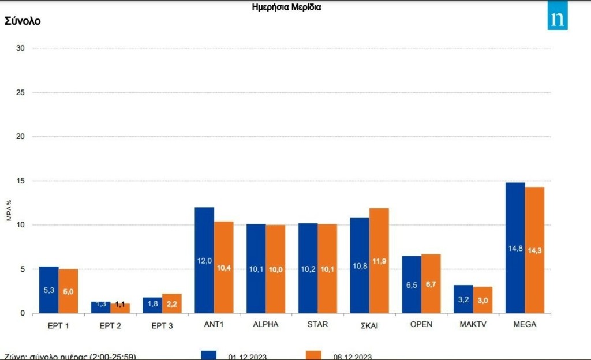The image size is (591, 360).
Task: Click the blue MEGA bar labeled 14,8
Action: coord(515,248)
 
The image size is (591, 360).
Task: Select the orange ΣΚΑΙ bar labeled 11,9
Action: coord(379,261)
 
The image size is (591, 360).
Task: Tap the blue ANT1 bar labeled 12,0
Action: coord(204,260)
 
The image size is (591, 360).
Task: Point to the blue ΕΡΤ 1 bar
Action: coord(49,290)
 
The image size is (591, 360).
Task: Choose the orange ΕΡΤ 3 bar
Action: coord(172,303)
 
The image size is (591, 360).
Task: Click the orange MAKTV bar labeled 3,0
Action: coord(483,300)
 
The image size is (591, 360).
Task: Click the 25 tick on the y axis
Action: coord(20,92)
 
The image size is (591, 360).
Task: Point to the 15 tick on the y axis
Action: coord(20,181)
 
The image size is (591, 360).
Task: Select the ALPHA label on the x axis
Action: coord(265,324)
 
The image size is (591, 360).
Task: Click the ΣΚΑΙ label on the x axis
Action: coord(370,325)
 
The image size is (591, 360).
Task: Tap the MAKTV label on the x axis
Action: coord(474,324)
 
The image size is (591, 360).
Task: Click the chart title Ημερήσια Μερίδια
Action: coord(287,7)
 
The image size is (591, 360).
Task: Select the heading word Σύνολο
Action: coord(23,21)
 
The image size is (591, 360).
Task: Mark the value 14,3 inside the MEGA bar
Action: coord(535,250)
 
